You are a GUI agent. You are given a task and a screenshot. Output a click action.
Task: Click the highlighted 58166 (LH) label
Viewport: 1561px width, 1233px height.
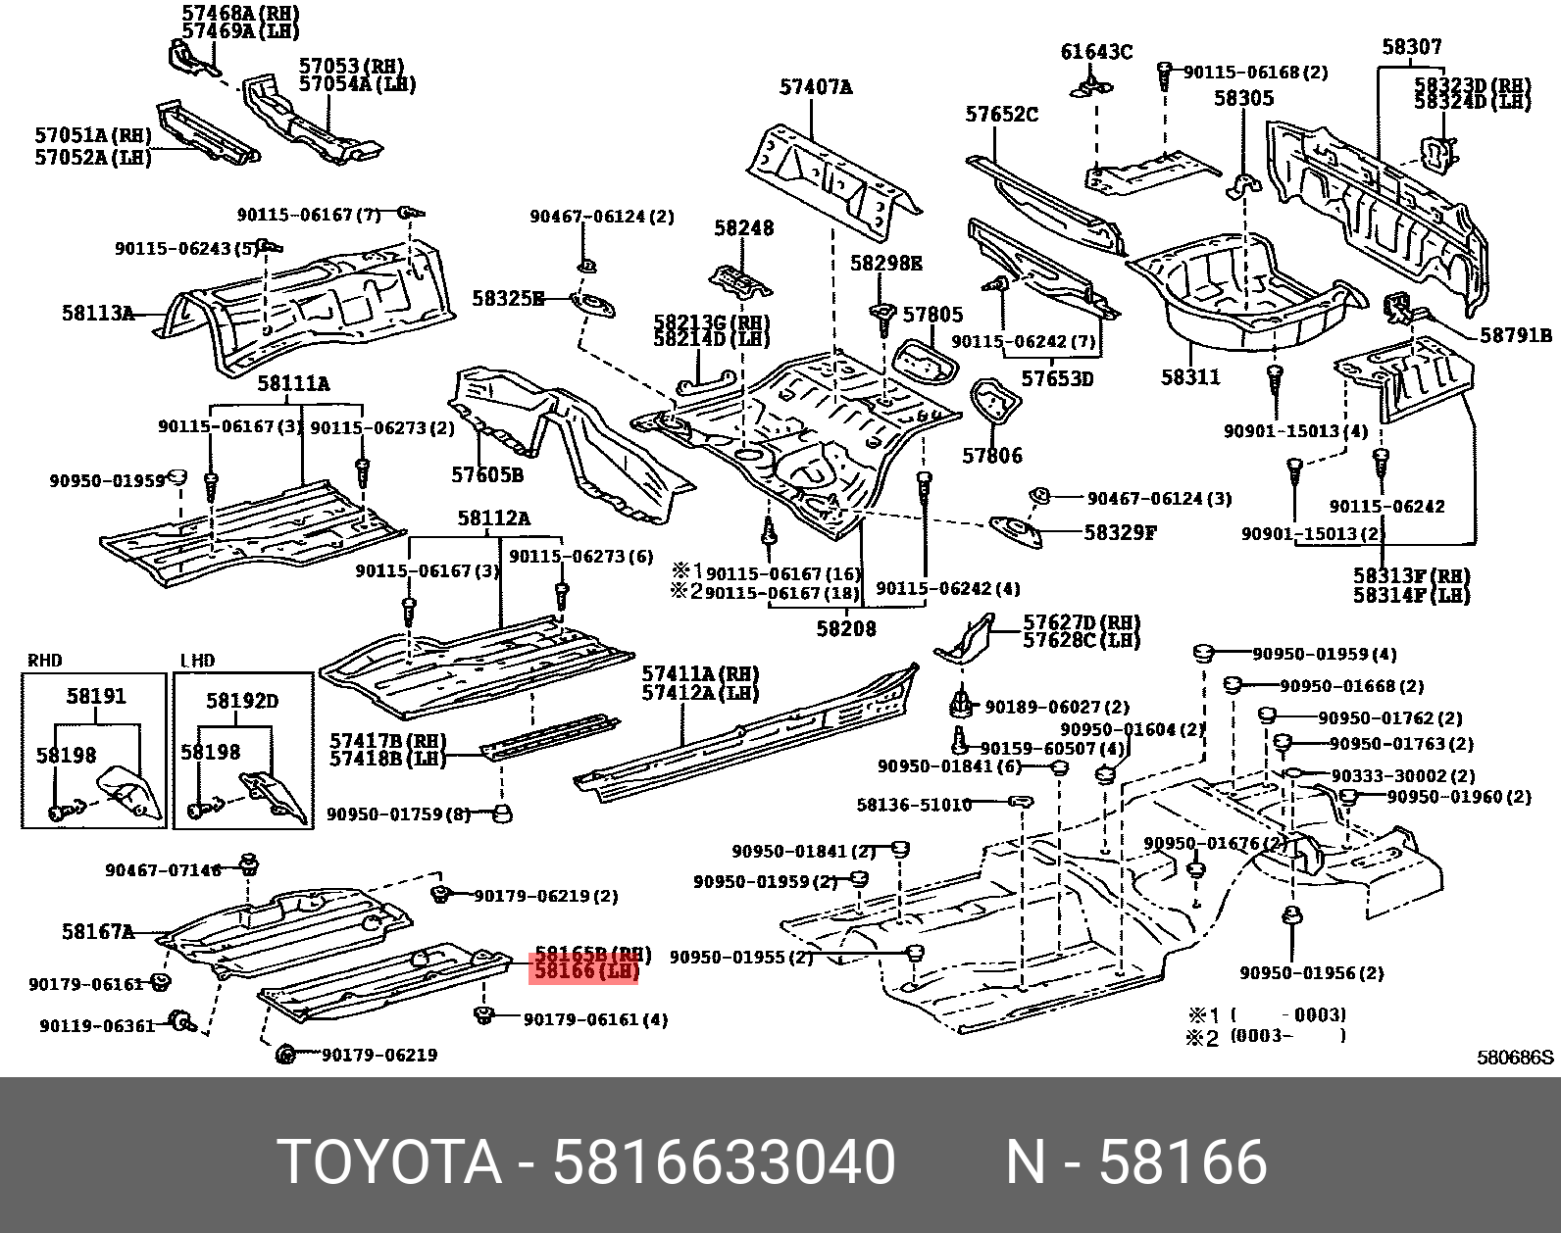[x=585, y=970]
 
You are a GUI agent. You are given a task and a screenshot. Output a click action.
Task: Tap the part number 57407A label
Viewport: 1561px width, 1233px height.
[x=815, y=87]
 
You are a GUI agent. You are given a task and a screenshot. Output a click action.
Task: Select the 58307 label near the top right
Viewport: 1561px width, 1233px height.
[x=1411, y=47]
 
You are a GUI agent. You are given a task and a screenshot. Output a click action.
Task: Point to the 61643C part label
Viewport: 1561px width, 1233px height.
[x=1096, y=52]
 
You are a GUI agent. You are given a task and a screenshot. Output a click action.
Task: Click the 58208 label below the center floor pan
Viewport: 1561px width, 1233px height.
[x=845, y=628]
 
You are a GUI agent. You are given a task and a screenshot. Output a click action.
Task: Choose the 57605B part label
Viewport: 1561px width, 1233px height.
[x=486, y=475]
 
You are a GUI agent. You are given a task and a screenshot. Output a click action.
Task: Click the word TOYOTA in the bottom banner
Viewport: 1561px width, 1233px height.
[x=389, y=1161]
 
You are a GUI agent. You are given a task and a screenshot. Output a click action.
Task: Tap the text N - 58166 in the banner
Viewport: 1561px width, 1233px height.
[x=1135, y=1161]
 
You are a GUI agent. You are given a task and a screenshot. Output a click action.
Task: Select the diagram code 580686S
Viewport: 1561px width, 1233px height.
[x=1515, y=1058]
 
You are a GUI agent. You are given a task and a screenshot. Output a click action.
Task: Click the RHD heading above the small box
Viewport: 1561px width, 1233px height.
[x=45, y=661]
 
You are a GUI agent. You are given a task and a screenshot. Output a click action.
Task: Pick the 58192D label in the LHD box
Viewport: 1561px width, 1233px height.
[x=241, y=701]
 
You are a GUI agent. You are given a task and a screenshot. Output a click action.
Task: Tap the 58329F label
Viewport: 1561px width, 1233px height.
[x=1120, y=533]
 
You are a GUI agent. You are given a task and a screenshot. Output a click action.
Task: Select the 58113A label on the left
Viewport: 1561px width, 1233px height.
[x=97, y=314]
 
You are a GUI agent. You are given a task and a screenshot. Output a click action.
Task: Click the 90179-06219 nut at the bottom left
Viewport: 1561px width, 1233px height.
[x=285, y=1055]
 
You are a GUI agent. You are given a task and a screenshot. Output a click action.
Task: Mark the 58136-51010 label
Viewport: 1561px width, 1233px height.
[x=913, y=805]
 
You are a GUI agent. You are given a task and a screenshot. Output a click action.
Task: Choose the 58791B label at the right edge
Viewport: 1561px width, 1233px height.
[x=1515, y=335]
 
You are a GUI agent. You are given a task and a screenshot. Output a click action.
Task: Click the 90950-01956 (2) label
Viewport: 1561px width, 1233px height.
[x=1311, y=973]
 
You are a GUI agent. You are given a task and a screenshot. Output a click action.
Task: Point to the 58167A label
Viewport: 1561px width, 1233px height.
[x=97, y=932]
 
